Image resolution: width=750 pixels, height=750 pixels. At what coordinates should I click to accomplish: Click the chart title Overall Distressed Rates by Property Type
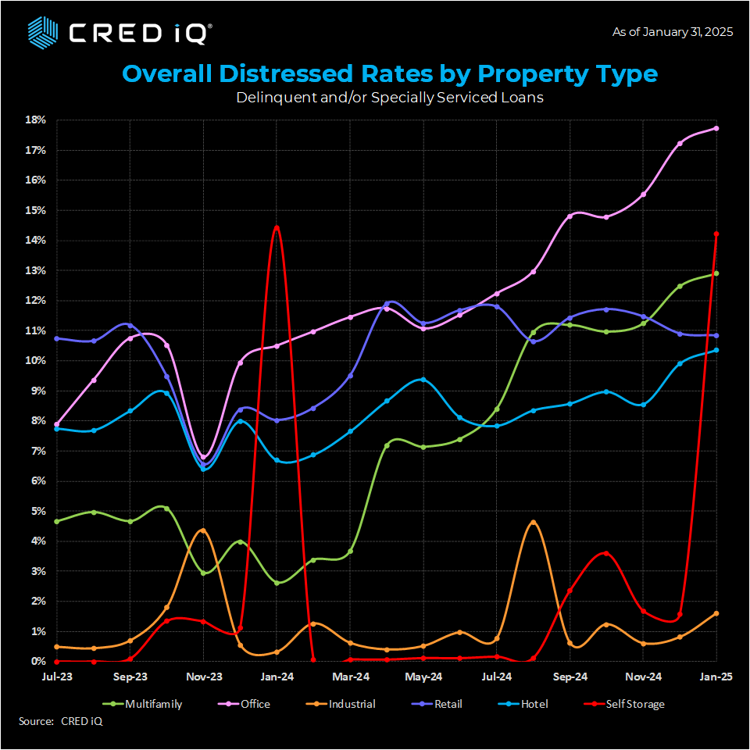click(390, 74)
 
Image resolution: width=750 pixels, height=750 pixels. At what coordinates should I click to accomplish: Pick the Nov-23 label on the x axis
click(203, 677)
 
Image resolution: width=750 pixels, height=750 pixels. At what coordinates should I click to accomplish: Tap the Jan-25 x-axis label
click(716, 677)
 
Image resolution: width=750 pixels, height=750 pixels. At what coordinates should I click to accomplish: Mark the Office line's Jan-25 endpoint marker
click(716, 128)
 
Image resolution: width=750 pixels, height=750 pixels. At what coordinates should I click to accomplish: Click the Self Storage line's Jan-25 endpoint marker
click(716, 234)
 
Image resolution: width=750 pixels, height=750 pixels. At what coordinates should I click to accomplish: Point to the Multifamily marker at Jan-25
click(716, 273)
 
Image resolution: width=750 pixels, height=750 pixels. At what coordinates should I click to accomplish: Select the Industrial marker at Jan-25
click(716, 613)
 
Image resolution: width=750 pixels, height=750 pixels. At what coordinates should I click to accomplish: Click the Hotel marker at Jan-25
click(716, 350)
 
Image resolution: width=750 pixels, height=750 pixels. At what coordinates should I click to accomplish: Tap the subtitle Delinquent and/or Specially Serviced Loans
click(390, 98)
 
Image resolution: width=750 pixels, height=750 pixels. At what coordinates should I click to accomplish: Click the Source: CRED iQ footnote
click(60, 721)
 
